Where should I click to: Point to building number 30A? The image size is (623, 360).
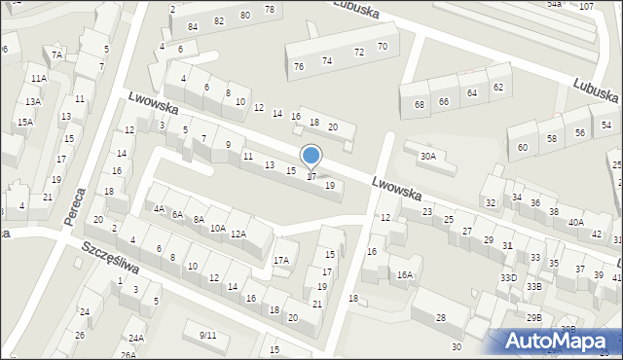(428, 156)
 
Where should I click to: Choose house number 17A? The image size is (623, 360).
(281, 260)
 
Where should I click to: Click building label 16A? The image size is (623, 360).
(404, 275)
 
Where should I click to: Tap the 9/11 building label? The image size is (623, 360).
(207, 335)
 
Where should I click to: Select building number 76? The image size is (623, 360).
(299, 66)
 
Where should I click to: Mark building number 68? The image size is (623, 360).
(420, 104)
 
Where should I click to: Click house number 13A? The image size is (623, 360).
(33, 101)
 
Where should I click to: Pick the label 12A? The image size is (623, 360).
(238, 234)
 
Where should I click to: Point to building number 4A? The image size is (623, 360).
(159, 208)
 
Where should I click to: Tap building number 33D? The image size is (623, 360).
(508, 277)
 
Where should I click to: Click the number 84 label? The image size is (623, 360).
(193, 25)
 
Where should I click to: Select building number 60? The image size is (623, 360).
(523, 147)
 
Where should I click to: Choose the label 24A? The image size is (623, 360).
(136, 339)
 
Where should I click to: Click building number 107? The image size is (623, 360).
(586, 7)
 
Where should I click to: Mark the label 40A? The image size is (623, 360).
(576, 222)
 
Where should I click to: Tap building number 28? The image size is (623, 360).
(440, 318)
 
